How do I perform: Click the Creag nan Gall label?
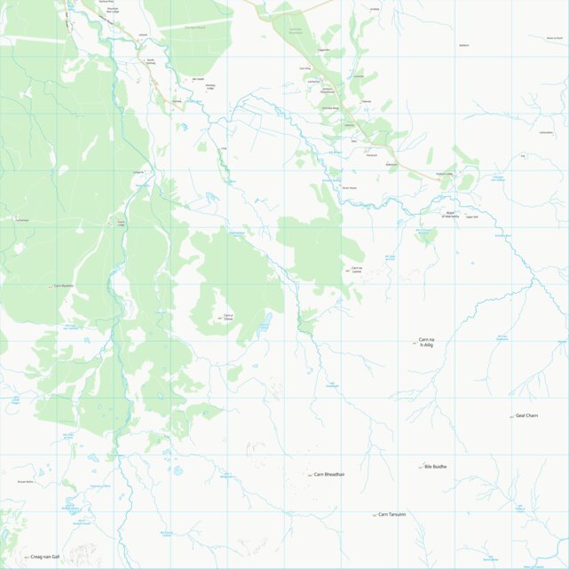click(44, 557)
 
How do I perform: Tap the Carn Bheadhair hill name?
click(329, 475)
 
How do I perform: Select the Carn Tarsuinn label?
click(392, 515)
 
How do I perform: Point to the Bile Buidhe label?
click(436, 466)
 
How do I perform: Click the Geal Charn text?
click(527, 415)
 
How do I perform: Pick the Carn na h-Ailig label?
click(426, 342)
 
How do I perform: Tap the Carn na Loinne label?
click(357, 270)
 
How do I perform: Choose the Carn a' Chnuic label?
click(228, 318)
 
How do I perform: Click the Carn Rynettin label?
click(63, 286)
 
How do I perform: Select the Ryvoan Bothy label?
click(24, 481)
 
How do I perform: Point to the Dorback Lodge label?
click(446, 173)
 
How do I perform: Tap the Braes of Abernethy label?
click(453, 214)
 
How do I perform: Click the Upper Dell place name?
click(471, 216)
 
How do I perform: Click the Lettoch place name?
click(142, 36)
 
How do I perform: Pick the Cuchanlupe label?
click(22, 220)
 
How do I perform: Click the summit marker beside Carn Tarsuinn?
click(375, 515)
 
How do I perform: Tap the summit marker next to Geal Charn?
click(512, 416)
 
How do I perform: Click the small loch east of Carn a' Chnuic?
click(264, 327)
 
